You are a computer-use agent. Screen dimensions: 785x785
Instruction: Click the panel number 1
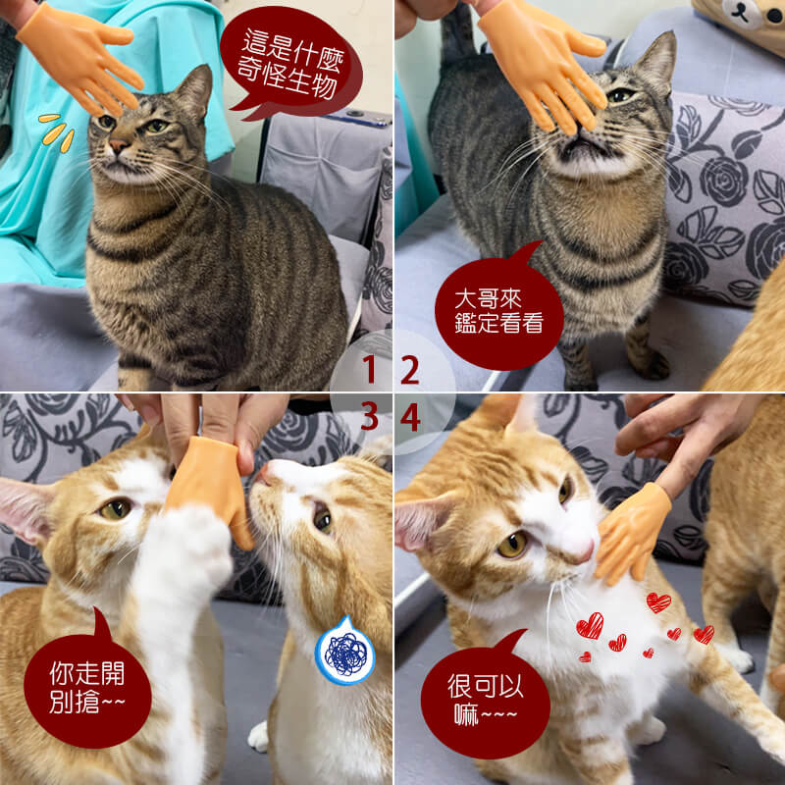369,370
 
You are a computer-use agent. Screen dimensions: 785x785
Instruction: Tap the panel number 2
410,370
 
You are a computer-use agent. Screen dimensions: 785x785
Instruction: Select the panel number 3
369,416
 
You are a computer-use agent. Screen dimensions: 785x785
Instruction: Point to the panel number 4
410,416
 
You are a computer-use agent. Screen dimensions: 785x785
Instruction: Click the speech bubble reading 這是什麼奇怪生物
290,63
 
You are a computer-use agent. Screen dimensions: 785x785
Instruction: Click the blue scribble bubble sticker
345,651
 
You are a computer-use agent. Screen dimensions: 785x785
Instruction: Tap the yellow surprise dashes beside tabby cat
57,132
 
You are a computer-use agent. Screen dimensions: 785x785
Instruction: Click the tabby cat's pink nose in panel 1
119,145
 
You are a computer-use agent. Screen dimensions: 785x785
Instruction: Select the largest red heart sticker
590,626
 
